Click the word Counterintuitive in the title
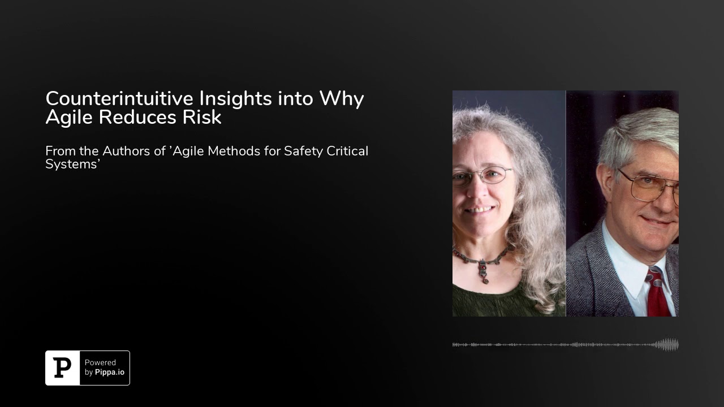(120, 98)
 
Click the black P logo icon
(62, 368)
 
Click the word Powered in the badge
(100, 363)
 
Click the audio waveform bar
(566, 345)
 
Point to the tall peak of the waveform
(667, 345)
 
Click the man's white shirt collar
(628, 266)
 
